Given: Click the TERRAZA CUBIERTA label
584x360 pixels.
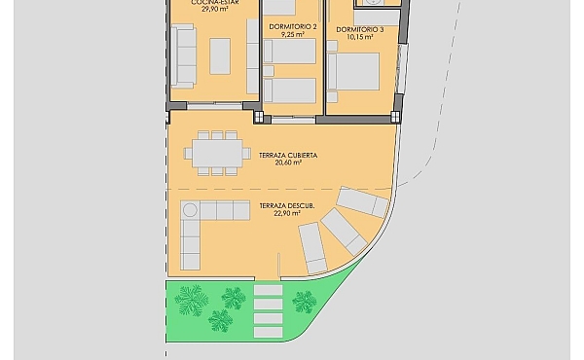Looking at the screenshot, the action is coord(288,156).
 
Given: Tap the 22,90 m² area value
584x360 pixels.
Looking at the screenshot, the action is coord(287,213).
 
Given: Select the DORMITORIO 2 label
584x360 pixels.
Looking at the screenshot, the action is coord(293,27).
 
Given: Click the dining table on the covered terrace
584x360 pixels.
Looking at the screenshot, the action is coord(217,154).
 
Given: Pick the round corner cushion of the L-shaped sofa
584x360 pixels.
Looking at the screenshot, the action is coord(190,210).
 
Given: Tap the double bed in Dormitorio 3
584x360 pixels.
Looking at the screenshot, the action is coord(353,71).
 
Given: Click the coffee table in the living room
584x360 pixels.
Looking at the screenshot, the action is coord(220,56).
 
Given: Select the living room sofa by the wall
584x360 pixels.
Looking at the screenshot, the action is coord(184,56).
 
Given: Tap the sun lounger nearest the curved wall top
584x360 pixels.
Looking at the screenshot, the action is coord(362,202).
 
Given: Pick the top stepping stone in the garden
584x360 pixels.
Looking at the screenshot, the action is coord(269,290).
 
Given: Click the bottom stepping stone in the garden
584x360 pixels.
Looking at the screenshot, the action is coord(269,332).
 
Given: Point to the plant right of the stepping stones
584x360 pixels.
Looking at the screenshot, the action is coord(305,302).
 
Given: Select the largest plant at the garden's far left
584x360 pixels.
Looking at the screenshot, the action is coord(192,300).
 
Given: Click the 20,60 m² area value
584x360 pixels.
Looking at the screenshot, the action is coord(288,162).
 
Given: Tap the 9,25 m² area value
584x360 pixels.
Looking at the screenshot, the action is coord(293,34).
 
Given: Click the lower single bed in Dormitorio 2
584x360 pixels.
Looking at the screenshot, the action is coord(289,90).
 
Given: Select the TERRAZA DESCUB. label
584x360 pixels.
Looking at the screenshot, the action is coord(287,206).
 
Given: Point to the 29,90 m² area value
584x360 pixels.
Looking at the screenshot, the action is coord(215,9).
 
